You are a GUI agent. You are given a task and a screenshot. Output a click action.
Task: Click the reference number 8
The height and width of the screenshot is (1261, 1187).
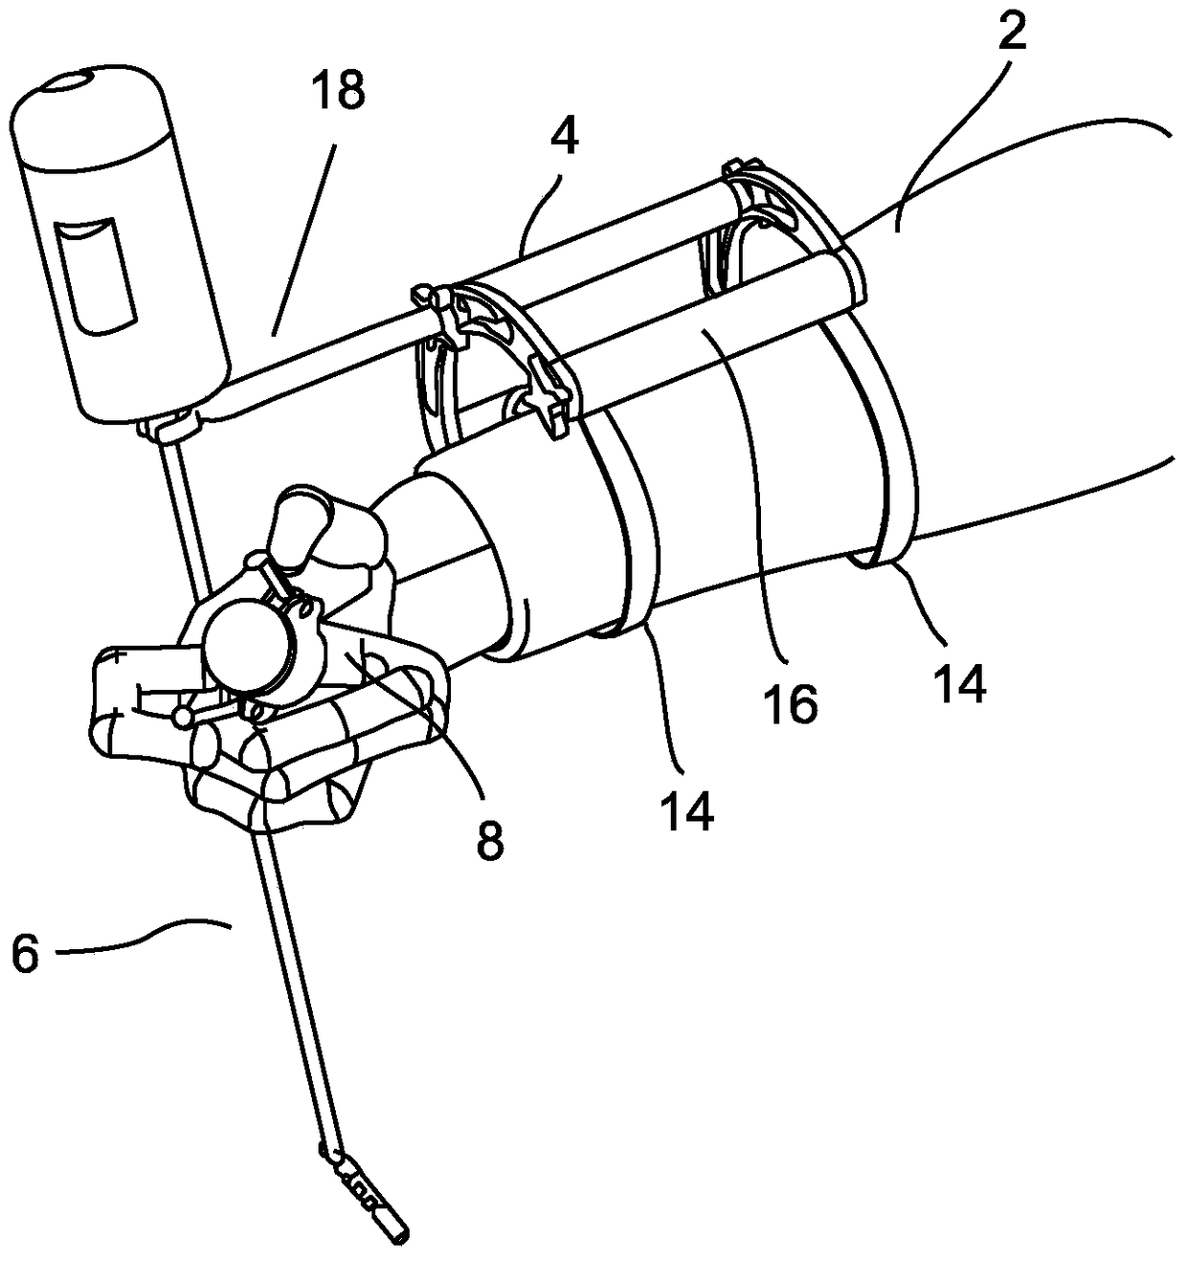[x=489, y=839]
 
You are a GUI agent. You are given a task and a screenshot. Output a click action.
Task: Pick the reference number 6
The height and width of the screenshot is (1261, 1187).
[x=28, y=954]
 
